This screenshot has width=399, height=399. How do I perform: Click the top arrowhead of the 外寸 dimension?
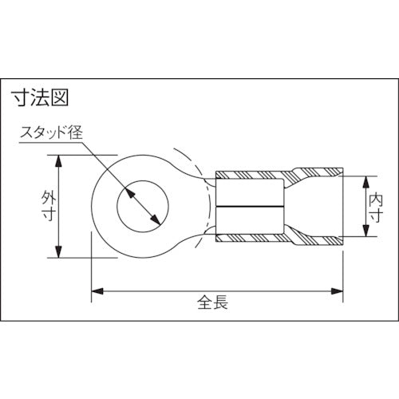click(60, 160)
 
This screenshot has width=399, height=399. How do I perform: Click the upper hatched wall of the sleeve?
click(255, 174)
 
